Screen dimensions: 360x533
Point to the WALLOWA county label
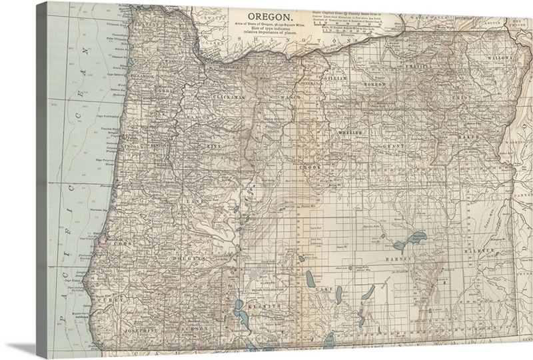pyautogui.click(x=499, y=59)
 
